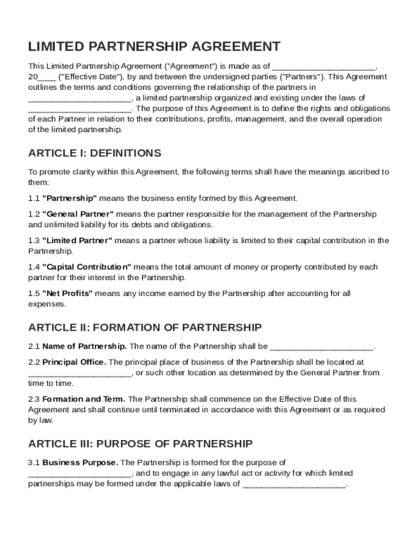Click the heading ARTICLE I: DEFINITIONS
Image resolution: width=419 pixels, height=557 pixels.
(95, 153)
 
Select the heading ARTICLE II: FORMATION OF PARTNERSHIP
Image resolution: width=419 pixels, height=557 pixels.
(145, 327)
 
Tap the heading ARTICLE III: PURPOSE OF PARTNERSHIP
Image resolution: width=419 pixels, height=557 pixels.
(140, 444)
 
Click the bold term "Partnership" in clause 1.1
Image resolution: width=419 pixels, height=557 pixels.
(70, 198)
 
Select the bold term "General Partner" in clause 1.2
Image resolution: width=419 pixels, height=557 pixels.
(78, 214)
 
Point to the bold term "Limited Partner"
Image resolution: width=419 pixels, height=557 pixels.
(77, 240)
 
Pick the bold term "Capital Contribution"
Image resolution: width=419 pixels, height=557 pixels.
(87, 267)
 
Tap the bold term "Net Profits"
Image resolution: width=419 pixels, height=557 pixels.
(67, 294)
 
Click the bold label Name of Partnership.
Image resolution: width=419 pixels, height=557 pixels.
(84, 346)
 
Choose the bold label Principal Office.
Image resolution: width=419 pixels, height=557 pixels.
(75, 362)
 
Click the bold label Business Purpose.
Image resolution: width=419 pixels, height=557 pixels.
(80, 463)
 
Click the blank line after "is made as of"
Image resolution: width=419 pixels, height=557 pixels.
(324, 66)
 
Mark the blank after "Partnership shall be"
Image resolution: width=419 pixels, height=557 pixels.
(322, 346)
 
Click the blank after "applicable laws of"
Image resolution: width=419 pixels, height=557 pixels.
(294, 484)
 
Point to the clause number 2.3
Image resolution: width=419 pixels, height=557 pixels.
(34, 399)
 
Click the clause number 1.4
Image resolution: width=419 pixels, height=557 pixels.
(34, 267)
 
